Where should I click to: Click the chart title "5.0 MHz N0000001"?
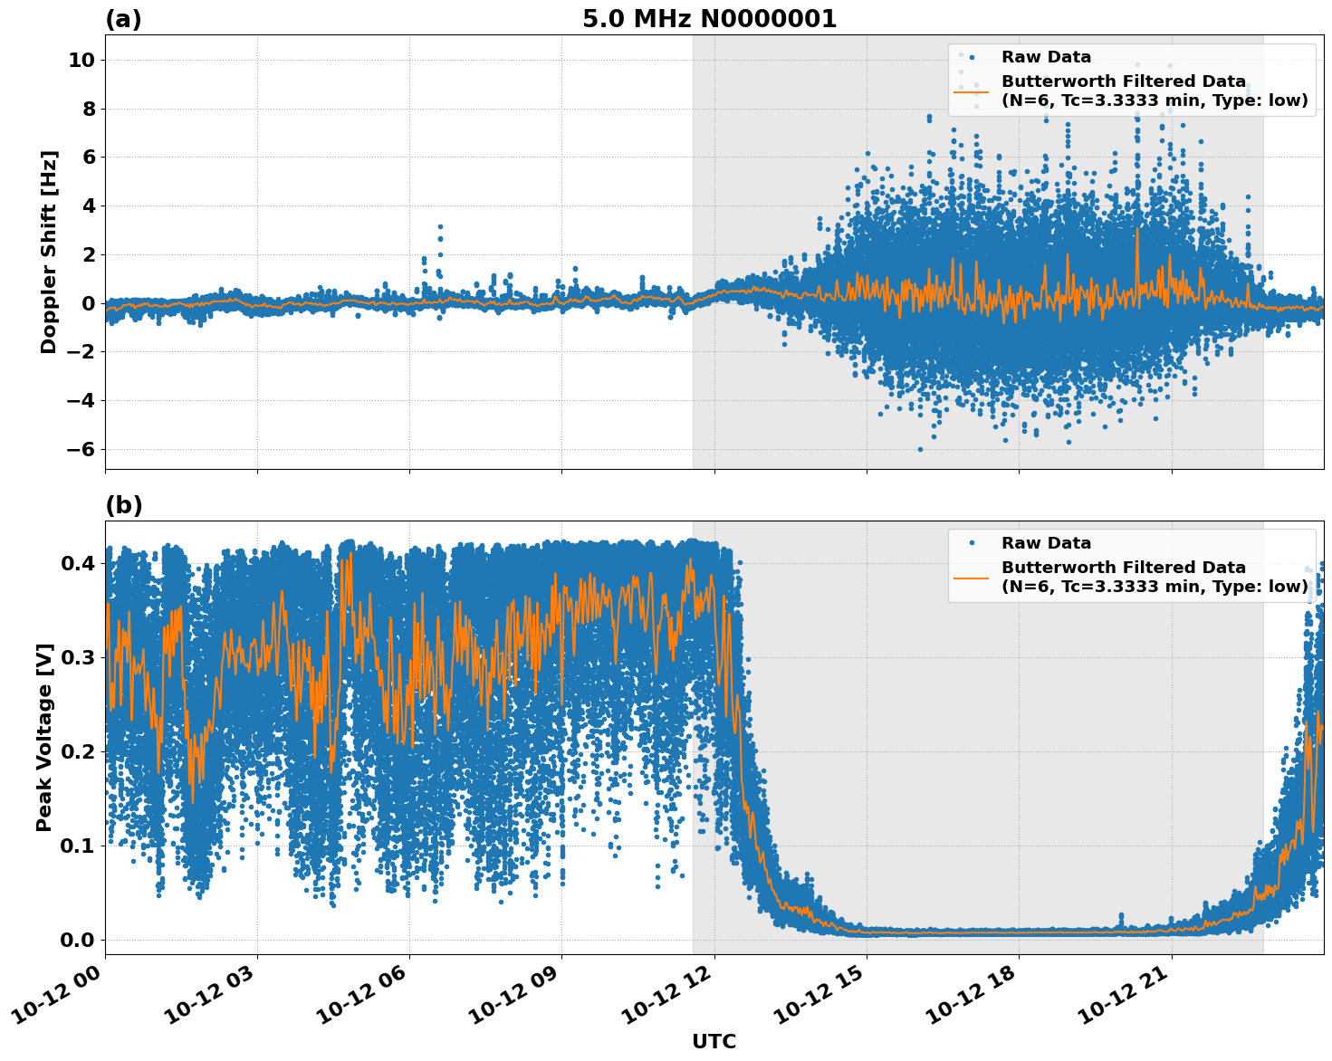pos(709,19)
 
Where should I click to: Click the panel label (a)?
pos(123,19)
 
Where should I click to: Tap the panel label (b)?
pos(123,505)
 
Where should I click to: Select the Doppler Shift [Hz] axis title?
pos(49,252)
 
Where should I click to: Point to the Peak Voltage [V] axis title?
pos(44,737)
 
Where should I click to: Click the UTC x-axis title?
pos(714,1041)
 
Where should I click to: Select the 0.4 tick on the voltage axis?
pos(77,563)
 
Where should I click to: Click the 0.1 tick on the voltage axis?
pos(77,846)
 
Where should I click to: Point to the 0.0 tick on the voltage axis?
pos(77,940)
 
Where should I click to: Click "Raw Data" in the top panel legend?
pos(1046,57)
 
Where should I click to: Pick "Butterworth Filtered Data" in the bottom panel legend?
pos(1123,568)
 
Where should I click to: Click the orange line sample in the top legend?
pos(971,91)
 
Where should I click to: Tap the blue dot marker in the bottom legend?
pos(972,543)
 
